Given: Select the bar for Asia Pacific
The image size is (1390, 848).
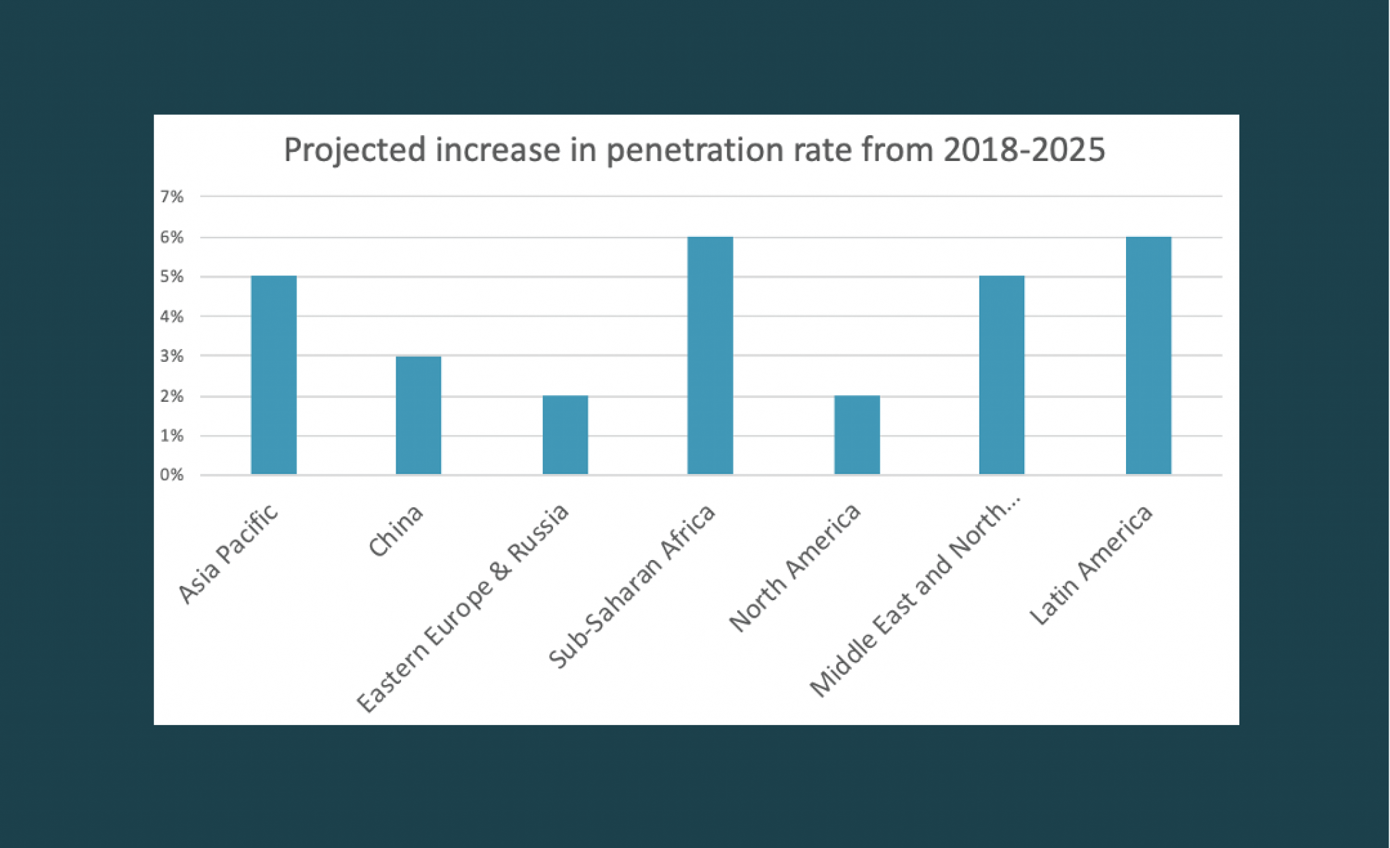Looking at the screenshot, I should (x=274, y=375).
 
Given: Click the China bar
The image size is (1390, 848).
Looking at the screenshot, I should (x=418, y=415).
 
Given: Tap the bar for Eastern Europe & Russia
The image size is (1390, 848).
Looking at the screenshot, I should (x=565, y=435).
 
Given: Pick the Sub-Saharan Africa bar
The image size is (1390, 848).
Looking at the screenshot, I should (x=710, y=355).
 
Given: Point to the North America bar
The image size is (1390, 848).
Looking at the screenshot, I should (x=857, y=435).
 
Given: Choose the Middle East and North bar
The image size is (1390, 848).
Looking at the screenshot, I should (x=1001, y=375).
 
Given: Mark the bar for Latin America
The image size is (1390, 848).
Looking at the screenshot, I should (x=1148, y=355).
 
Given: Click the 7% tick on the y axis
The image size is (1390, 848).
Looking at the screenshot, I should (x=172, y=197).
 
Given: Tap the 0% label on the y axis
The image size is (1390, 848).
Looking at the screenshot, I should (x=172, y=475).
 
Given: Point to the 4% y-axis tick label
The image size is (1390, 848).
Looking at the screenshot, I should (x=172, y=316).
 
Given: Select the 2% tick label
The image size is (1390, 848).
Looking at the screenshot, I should (x=172, y=397).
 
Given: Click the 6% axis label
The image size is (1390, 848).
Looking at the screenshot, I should (x=172, y=237).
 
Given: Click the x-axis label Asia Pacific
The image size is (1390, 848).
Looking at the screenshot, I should (x=228, y=553).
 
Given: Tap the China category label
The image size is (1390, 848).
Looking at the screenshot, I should (x=396, y=531).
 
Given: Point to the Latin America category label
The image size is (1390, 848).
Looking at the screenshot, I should (x=1091, y=565).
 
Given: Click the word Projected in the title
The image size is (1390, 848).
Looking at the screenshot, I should (x=355, y=150).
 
